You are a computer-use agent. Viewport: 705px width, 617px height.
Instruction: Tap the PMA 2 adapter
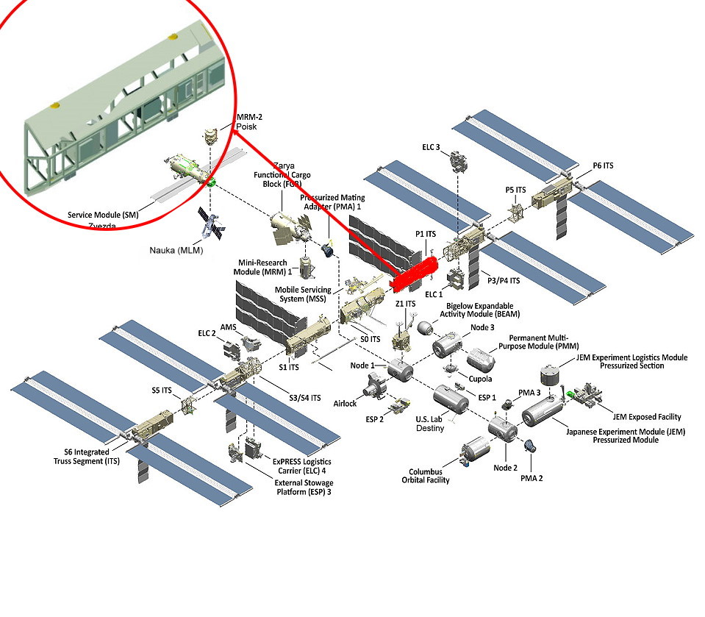[529, 446]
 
